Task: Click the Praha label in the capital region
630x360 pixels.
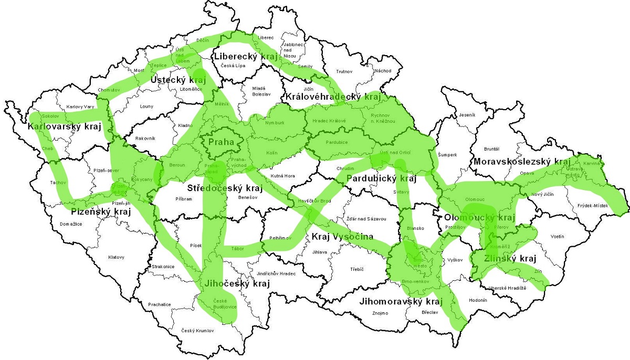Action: click(220, 143)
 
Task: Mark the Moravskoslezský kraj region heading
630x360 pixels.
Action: click(521, 162)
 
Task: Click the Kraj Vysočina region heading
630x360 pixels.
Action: click(342, 237)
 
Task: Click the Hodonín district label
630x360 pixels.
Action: click(478, 300)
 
